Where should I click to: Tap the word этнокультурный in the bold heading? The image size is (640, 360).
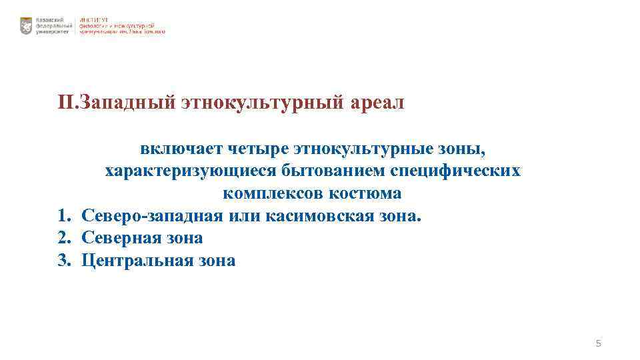coord(263,103)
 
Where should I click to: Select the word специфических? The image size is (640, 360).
coord(455,171)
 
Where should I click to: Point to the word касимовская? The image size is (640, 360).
coord(323,216)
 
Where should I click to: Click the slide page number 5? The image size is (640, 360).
coord(598,343)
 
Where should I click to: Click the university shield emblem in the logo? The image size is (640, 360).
coord(26,26)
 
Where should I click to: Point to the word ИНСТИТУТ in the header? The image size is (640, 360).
coord(94,19)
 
